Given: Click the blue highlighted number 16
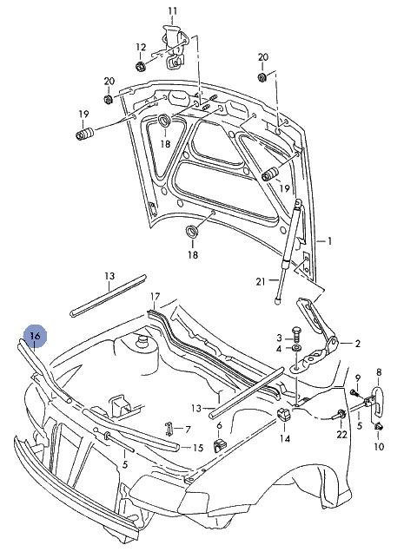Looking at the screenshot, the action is pyautogui.click(x=36, y=336).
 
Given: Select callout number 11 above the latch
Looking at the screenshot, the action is pyautogui.click(x=173, y=11).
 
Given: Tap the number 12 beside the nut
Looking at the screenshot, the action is pyautogui.click(x=141, y=47).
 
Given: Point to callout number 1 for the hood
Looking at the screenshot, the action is pyautogui.click(x=330, y=241).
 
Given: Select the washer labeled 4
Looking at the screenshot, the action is pyautogui.click(x=296, y=348).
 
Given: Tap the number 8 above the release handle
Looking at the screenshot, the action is pyautogui.click(x=379, y=372).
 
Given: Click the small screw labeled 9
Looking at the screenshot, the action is pyautogui.click(x=354, y=392).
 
